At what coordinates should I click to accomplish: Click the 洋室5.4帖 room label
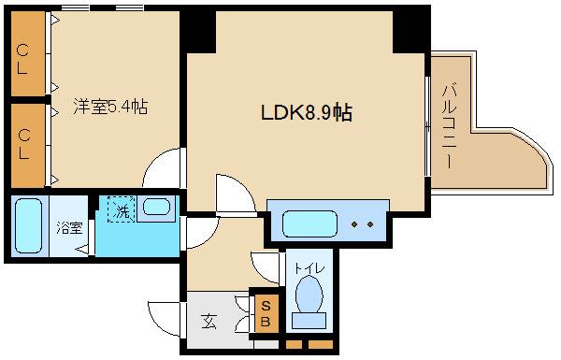tap(109, 106)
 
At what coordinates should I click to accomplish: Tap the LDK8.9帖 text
tap(306, 113)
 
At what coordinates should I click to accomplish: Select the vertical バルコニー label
tap(448, 125)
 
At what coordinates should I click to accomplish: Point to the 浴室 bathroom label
tap(68, 226)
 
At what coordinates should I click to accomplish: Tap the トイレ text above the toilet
tap(309, 268)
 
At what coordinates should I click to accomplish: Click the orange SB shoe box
tap(265, 313)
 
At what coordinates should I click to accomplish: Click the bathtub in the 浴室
tap(31, 226)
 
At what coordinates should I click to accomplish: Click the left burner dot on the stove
tap(356, 224)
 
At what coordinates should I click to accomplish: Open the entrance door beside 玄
tap(166, 318)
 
